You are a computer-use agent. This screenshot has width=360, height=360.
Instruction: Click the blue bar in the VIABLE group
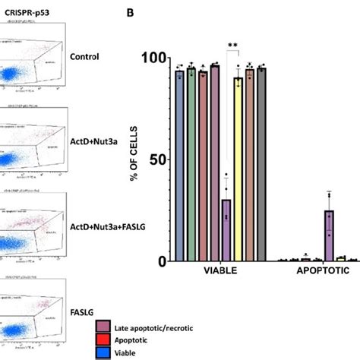click(180, 166)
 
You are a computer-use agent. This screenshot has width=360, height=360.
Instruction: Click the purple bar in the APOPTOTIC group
click(329, 235)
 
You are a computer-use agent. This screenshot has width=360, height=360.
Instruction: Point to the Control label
click(84, 55)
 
